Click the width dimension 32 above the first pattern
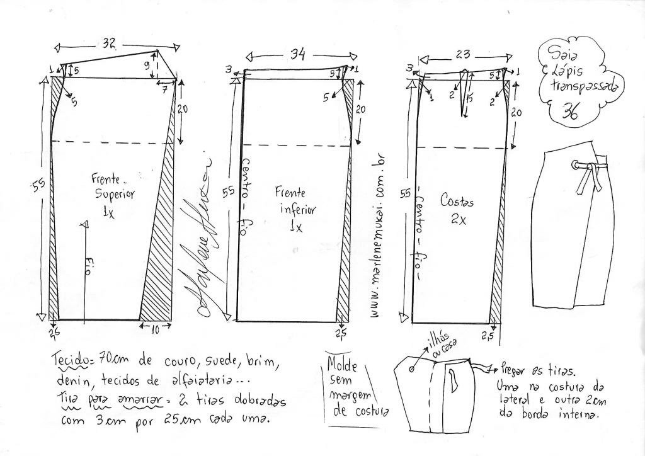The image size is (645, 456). pyautogui.click(x=109, y=44)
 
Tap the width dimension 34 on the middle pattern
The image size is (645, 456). pyautogui.click(x=297, y=55)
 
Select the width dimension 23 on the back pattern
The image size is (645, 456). pyautogui.click(x=463, y=55)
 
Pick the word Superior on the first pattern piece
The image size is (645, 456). pyautogui.click(x=111, y=194)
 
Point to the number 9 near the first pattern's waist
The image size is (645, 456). pyautogui.click(x=146, y=64)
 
